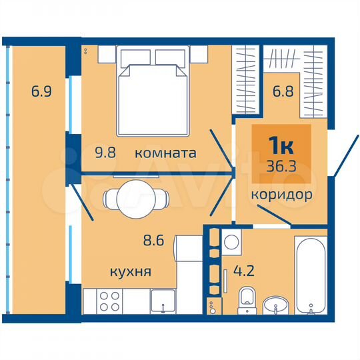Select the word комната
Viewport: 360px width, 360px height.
[165, 153]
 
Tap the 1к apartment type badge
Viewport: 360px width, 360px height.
[280, 144]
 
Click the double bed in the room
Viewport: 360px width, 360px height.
[152, 92]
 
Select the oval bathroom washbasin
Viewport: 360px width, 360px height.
[275, 306]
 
